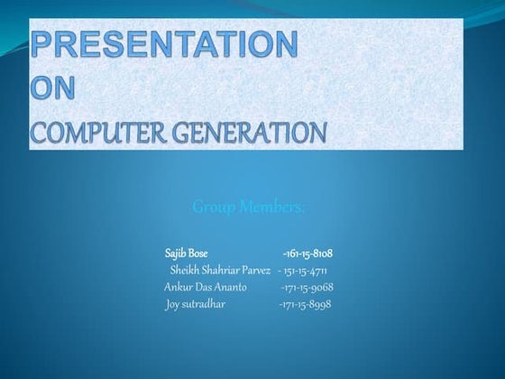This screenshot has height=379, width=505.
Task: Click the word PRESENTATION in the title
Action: click(x=163, y=44)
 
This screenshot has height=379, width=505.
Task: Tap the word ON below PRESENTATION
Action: click(x=56, y=88)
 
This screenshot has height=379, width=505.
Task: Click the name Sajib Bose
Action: click(x=187, y=253)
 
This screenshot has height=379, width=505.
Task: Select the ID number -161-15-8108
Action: click(x=308, y=253)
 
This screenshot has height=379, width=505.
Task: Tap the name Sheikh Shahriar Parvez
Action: click(x=220, y=270)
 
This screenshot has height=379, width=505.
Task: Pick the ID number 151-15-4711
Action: click(x=305, y=270)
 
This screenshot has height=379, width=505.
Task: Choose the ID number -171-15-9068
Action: click(x=307, y=287)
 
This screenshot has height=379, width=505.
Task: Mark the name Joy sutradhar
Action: click(x=196, y=304)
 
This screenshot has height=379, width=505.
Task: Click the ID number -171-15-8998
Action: click(x=305, y=304)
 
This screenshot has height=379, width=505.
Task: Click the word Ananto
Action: click(x=228, y=287)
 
